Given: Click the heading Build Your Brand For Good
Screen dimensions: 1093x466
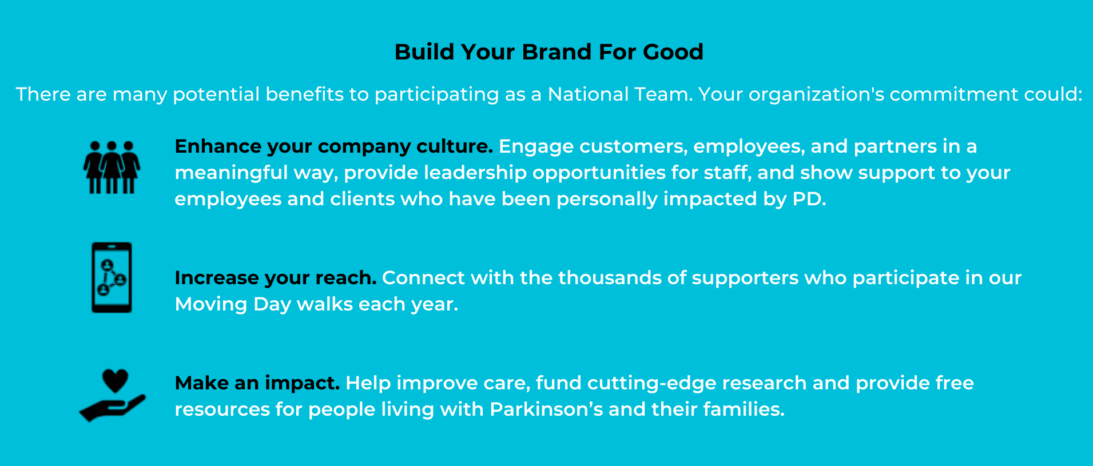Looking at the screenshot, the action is click(x=549, y=52).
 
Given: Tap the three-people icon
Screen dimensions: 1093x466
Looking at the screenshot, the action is click(x=112, y=167).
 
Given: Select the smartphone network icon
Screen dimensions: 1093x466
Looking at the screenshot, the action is click(x=112, y=278).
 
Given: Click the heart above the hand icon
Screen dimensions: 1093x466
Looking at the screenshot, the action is click(x=115, y=381).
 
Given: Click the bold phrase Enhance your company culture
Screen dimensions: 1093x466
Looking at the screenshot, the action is click(x=334, y=147).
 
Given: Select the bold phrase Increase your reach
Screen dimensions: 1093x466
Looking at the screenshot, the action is click(x=276, y=278).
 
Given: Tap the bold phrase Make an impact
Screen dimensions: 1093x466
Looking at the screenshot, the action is click(x=257, y=383).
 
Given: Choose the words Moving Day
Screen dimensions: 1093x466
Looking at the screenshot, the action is click(x=233, y=305).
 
